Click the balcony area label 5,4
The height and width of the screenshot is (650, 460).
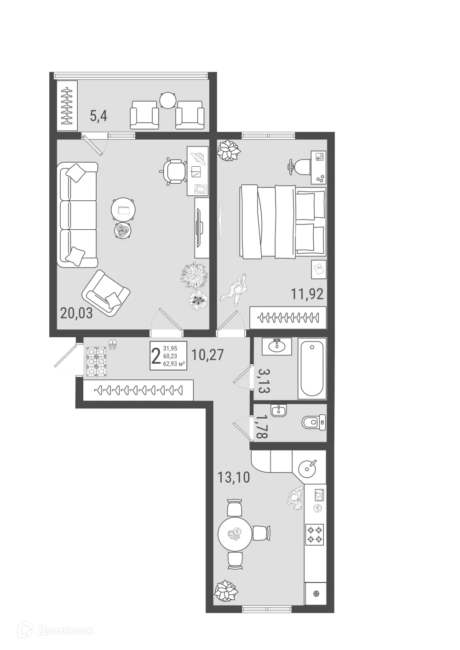coord(98,116)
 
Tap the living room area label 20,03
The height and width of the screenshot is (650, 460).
coord(76,313)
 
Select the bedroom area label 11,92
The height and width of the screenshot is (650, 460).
coord(307,293)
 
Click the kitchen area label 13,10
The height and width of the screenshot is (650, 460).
coord(233,478)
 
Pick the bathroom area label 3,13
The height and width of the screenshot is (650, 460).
coord(264,379)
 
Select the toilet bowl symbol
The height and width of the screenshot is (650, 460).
coord(314,421)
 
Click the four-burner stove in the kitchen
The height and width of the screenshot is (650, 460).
coord(315,535)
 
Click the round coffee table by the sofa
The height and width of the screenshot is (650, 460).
coord(124,210)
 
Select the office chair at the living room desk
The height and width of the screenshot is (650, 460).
coord(174,171)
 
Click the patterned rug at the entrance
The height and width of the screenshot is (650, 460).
coord(97,361)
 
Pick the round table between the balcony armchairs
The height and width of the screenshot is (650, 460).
coord(168,100)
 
